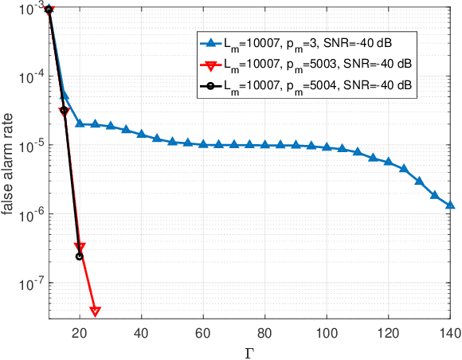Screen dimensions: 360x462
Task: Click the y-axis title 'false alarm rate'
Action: [x=10, y=162]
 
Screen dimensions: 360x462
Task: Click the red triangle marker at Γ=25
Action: [x=95, y=311]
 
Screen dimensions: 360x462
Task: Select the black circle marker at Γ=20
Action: [x=79, y=256]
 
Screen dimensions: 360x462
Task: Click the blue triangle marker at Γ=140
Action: [x=450, y=205]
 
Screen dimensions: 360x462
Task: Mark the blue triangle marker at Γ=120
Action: [x=388, y=162]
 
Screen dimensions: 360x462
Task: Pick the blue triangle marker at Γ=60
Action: [x=203, y=144]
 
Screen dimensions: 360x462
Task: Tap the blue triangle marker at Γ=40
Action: [x=141, y=134]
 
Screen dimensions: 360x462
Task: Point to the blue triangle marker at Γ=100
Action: [x=327, y=147]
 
